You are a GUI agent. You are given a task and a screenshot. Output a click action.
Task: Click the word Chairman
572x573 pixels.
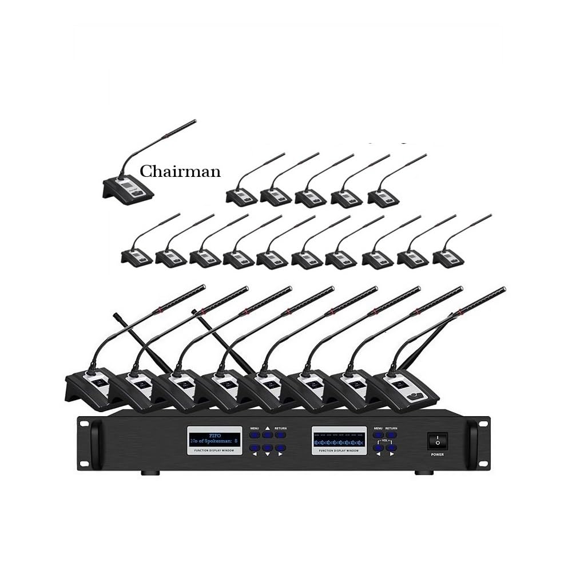pyautogui.click(x=180, y=171)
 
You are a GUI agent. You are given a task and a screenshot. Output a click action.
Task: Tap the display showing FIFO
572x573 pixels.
pyautogui.click(x=212, y=438)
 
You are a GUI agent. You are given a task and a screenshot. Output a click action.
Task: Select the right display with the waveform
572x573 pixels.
pyautogui.click(x=338, y=438)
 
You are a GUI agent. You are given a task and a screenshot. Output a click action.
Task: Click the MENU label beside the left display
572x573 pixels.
pyautogui.click(x=254, y=428)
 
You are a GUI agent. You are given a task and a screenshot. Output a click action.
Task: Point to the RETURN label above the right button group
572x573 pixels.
pyautogui.click(x=391, y=428)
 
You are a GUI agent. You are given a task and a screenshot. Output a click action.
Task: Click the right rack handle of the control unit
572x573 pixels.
pyautogui.click(x=474, y=443)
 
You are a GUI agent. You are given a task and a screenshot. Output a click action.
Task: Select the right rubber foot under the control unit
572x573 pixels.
pyautogui.click(x=422, y=473)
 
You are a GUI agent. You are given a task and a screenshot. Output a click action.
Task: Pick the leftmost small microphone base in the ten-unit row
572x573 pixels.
pyautogui.click(x=137, y=258)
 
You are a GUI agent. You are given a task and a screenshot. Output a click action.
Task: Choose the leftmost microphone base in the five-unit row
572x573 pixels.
pyautogui.click(x=242, y=197)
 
